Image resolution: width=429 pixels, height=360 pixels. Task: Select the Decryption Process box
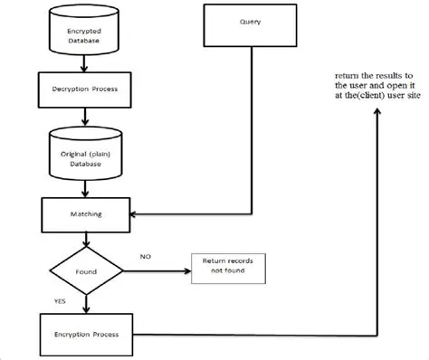pos(83,90)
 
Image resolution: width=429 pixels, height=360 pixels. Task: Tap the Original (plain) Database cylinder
pos(83,153)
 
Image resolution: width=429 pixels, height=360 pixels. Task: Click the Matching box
pos(83,215)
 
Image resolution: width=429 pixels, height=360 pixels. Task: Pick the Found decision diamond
pos(83,269)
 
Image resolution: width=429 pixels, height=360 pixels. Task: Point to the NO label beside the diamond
pos(145,257)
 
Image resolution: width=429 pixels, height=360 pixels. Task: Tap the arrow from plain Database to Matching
pos(83,187)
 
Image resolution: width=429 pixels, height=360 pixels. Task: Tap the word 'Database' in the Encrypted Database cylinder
pos(83,41)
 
